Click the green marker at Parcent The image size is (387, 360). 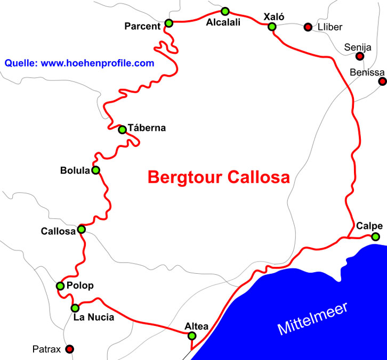click(169, 23)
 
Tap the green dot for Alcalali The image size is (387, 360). click(225, 11)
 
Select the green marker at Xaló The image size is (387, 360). click(272, 27)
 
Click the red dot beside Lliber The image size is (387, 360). click(308, 27)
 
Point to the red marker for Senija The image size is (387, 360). click(360, 56)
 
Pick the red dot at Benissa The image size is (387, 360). click(382, 81)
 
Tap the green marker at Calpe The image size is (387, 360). click(376, 236)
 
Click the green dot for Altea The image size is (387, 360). click(192, 336)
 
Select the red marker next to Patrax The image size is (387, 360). click(69, 349)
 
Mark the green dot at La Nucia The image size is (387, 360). click(75, 308)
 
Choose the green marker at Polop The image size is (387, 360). click(60, 286)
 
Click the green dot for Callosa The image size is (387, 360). click(82, 230)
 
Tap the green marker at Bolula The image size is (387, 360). click(96, 170)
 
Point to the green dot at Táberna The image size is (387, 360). click(122, 129)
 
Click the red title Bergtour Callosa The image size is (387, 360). click(218, 177)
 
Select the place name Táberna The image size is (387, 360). click(147, 128)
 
